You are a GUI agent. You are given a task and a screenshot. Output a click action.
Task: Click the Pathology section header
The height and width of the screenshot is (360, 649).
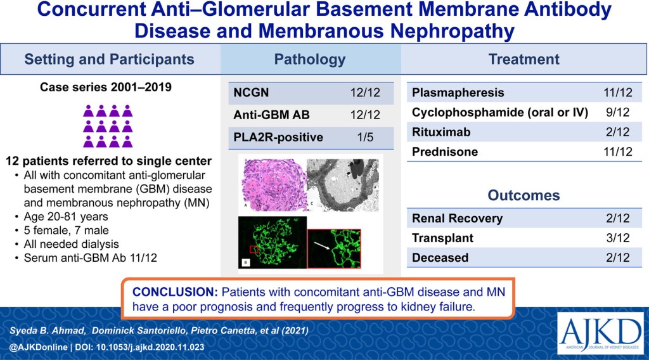point(309,59)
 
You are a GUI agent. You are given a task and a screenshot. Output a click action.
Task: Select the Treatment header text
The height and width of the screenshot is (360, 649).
point(524,59)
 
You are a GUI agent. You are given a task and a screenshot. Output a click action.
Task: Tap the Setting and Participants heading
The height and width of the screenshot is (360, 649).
point(109,59)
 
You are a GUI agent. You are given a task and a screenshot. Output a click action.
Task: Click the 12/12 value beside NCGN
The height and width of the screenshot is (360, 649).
point(365,93)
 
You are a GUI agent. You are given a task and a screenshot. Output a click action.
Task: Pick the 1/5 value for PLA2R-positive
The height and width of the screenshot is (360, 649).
point(365,137)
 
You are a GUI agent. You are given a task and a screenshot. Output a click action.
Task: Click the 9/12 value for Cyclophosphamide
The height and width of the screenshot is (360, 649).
point(617,112)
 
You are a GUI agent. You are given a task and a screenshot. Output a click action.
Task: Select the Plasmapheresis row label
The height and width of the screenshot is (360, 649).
point(458,93)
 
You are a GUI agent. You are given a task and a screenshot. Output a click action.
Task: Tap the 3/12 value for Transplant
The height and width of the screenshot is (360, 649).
point(617,238)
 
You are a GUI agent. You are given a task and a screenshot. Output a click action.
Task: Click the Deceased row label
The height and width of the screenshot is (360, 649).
point(440,257)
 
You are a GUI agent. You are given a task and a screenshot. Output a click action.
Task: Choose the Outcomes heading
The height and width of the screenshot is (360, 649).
point(524,195)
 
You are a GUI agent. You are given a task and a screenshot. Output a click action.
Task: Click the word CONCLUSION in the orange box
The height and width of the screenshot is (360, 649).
point(175,292)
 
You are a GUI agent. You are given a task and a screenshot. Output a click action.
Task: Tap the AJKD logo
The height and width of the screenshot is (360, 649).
point(600,333)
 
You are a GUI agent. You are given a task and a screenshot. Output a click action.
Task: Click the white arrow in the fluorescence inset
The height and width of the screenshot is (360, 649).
point(322,246)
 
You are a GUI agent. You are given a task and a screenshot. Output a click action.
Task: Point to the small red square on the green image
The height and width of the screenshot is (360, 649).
point(254,249)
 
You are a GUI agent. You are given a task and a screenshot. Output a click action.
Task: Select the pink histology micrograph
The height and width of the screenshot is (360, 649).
point(273,185)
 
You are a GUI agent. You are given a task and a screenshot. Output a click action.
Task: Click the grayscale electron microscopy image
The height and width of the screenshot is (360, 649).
point(343,185)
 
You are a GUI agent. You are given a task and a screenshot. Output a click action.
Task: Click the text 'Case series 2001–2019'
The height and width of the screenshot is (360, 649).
point(106,87)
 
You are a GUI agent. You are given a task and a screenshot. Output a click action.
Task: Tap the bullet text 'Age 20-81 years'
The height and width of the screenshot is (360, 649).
point(66,216)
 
